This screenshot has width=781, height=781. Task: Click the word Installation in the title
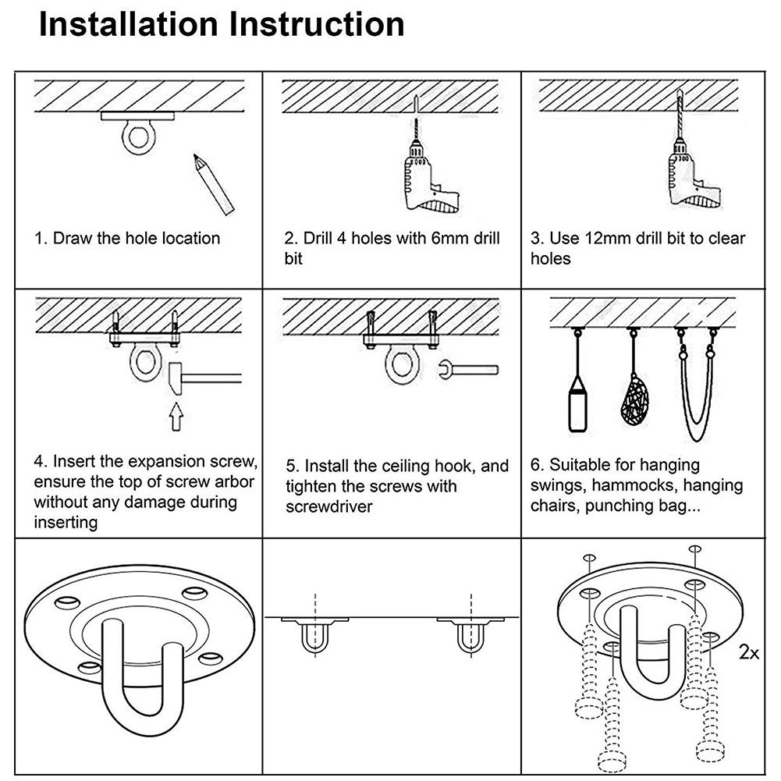(128, 25)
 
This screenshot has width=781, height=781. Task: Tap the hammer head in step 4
(175, 380)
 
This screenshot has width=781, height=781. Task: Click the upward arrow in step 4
(176, 417)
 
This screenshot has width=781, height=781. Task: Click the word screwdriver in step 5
(328, 506)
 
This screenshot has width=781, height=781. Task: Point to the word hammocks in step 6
(630, 486)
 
